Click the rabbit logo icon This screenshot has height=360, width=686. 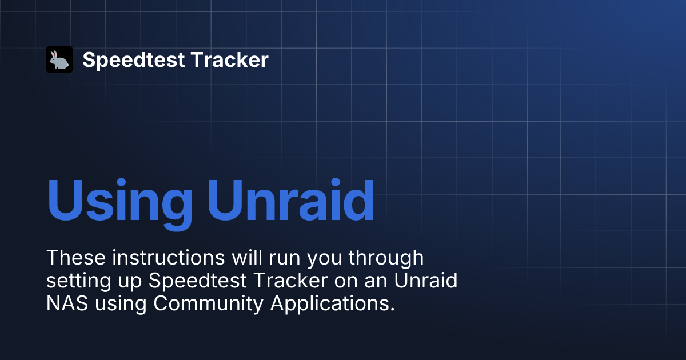[59, 59]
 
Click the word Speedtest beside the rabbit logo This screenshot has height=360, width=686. [134, 61]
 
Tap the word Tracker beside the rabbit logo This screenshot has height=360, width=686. [230, 59]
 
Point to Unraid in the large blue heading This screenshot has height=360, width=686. [290, 199]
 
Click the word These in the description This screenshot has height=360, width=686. [76, 258]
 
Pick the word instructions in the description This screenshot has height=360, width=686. [169, 258]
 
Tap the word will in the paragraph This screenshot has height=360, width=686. [247, 257]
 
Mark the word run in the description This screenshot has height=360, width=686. [285, 259]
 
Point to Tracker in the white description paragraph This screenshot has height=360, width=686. [291, 280]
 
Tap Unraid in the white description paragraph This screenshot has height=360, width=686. [426, 280]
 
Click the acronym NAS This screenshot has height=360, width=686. [67, 303]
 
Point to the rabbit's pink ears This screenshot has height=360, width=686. [54, 54]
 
